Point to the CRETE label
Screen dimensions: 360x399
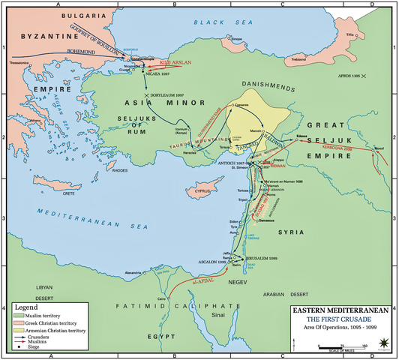point(90,193)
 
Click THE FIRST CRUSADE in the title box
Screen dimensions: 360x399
point(338,317)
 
